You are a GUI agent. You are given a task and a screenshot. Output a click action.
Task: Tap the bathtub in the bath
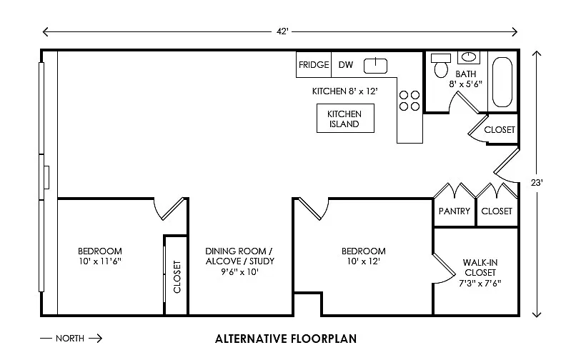tap(502, 82)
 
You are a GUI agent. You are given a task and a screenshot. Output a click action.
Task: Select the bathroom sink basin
tap(469, 57)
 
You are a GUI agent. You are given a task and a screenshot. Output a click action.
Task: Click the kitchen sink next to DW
tap(375, 66)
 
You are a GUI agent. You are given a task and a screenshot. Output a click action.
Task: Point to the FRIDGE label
tap(314, 64)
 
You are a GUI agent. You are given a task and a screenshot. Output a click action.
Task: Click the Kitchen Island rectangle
tap(345, 119)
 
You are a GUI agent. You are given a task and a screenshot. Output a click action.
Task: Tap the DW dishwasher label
tap(345, 65)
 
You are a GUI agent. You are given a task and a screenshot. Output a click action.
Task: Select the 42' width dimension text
tap(282, 31)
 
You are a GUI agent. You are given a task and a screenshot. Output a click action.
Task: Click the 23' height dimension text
tap(537, 183)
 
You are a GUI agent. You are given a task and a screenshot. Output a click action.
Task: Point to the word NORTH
tap(70, 339)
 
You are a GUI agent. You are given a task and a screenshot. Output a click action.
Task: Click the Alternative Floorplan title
tap(286, 339)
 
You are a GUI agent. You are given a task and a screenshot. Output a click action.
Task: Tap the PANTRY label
tap(454, 211)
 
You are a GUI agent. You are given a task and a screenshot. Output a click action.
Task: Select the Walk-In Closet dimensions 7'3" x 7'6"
tap(480, 284)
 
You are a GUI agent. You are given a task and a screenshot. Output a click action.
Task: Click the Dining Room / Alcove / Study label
tap(239, 261)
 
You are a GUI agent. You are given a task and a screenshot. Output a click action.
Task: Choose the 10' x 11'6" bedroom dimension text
tap(100, 261)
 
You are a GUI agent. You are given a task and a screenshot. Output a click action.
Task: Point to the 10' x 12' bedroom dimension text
tap(363, 261)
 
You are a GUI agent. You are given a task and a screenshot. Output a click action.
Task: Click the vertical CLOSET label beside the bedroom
tap(177, 276)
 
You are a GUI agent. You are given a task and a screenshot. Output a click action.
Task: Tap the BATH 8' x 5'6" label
tap(466, 79)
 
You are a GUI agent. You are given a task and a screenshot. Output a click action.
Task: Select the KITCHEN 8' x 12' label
tap(344, 91)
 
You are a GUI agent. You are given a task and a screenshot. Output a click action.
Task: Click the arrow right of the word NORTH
tap(95, 339)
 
